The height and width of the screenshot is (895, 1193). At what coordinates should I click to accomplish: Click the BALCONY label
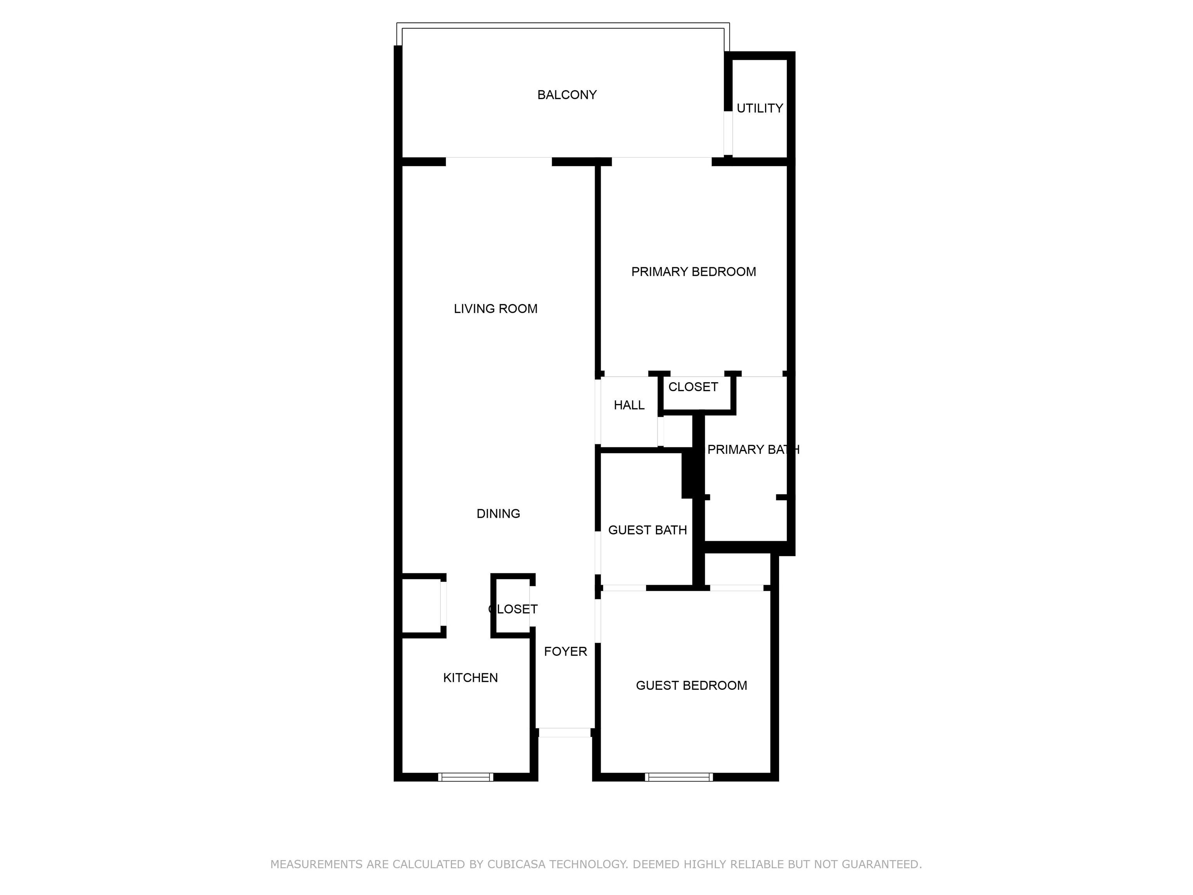(567, 95)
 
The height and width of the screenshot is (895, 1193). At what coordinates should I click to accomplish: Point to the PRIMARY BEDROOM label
(694, 272)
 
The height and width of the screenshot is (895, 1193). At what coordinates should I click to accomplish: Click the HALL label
(629, 405)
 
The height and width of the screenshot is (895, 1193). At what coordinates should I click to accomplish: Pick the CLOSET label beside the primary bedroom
(693, 387)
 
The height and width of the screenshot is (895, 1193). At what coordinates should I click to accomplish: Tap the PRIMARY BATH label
(753, 449)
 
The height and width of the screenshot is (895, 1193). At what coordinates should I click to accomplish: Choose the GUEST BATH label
(647, 530)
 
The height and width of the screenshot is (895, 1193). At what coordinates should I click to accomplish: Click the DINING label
(498, 514)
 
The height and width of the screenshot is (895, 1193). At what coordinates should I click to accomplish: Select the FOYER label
(565, 652)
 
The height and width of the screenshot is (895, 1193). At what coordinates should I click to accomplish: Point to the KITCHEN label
(470, 678)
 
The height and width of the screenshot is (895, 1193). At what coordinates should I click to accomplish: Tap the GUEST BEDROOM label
(691, 686)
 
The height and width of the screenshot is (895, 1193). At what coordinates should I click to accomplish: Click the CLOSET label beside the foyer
(513, 609)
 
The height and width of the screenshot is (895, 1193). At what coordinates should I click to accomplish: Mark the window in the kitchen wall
(466, 777)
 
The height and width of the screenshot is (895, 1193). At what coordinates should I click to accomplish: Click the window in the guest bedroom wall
(679, 777)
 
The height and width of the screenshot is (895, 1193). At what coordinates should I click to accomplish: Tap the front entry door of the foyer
(565, 733)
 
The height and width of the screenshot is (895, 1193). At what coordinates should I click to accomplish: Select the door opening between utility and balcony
(728, 133)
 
